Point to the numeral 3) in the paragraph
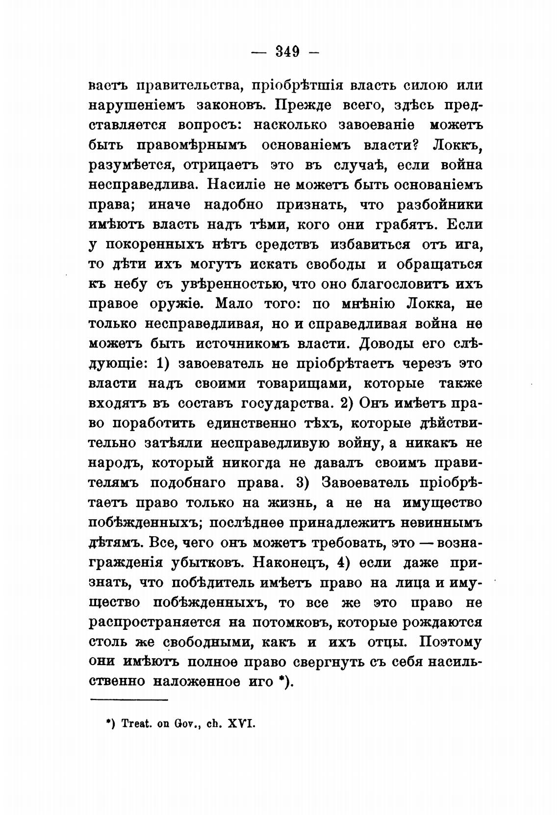click(x=303, y=482)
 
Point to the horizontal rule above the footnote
click(x=129, y=700)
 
